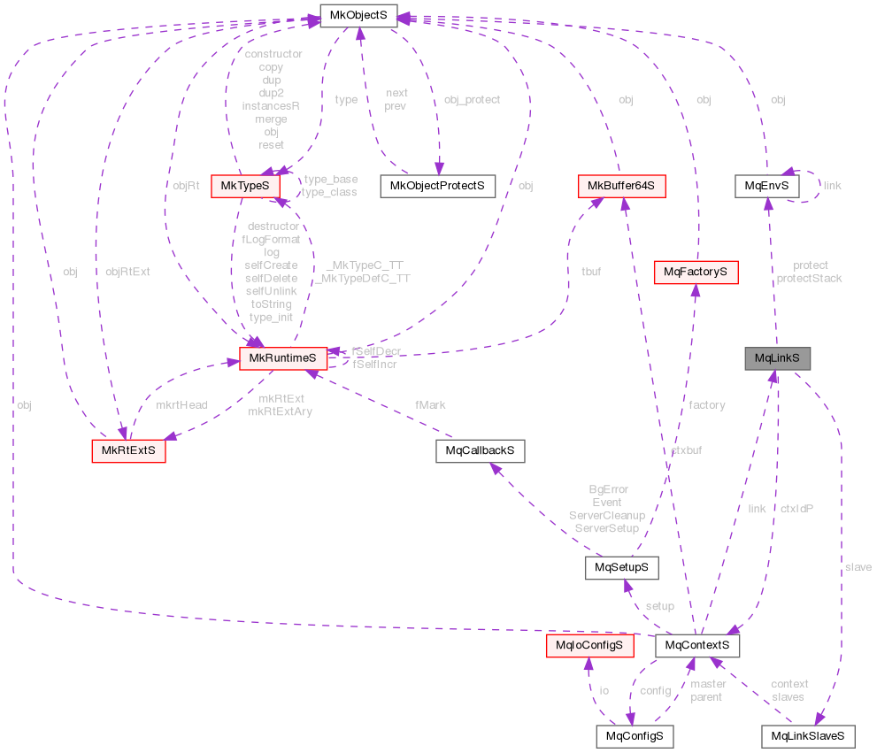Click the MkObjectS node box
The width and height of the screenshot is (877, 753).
[x=358, y=15]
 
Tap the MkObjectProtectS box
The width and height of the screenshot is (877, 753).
[x=437, y=186]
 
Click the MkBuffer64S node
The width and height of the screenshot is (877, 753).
[x=621, y=186]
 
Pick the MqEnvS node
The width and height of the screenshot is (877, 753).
[x=766, y=186]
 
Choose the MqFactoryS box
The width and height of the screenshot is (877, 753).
[x=695, y=272]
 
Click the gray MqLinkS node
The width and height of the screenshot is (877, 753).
[x=777, y=358]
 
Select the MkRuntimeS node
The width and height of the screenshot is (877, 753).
[x=282, y=358]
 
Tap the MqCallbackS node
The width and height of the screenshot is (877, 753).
[x=480, y=450]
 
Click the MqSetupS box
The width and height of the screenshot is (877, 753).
[x=621, y=566]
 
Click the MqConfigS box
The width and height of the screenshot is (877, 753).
[x=634, y=735]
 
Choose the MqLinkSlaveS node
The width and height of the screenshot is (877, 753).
[x=808, y=735]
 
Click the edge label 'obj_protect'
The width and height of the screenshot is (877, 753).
[x=472, y=100]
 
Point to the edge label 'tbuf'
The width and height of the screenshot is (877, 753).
[x=590, y=272]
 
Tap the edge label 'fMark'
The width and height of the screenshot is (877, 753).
[x=430, y=404]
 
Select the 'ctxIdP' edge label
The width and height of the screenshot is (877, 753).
[x=796, y=509]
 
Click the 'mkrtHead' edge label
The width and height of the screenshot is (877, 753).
[x=181, y=404]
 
